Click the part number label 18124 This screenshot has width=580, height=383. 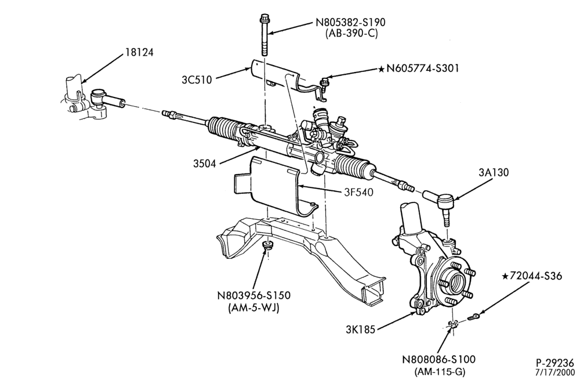pos(139,52)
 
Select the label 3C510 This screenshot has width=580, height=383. pos(197,80)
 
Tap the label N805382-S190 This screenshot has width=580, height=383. pos(350,22)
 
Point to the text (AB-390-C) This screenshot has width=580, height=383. pos(351,34)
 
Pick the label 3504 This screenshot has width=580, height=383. pos(204,163)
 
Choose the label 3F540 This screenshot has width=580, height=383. pos(358,192)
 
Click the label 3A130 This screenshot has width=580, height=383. pos(494,172)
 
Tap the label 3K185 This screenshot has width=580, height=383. pos(360,330)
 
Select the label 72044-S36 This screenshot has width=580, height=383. pos(535,276)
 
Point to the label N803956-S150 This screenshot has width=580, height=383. pos(253,296)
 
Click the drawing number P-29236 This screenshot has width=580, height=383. pos(555,362)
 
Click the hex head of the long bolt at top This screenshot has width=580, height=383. pos(265,17)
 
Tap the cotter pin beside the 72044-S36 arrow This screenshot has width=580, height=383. pos(473,316)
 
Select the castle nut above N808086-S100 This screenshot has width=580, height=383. pos(453,324)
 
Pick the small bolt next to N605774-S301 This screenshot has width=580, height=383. pos(324,82)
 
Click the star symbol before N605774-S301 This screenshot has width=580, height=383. pos(382,68)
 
